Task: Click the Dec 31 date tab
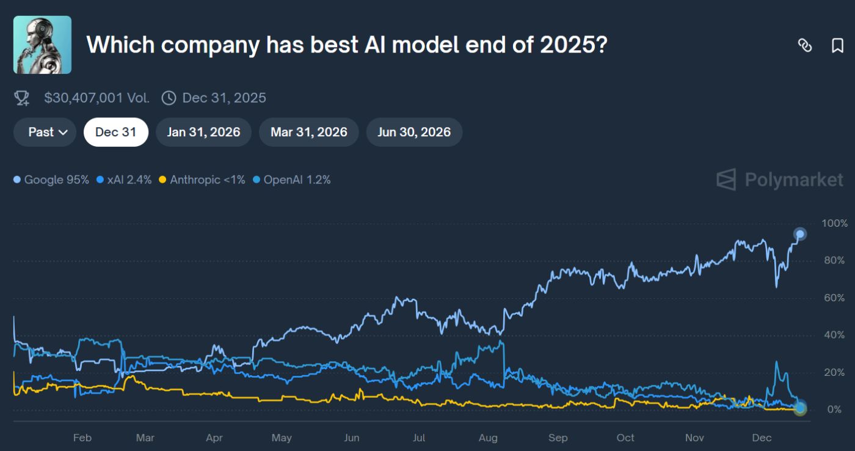(x=115, y=132)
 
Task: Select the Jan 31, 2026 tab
(x=203, y=132)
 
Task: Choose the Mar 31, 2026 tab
(x=308, y=132)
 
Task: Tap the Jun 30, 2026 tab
(x=414, y=132)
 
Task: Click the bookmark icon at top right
(x=837, y=45)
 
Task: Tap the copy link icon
(x=805, y=45)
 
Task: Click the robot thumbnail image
(x=42, y=45)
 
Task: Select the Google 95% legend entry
(x=51, y=180)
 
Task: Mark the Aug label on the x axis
(x=488, y=438)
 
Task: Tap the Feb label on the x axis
(x=82, y=438)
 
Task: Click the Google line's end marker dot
(x=799, y=233)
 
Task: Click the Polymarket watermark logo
(x=779, y=180)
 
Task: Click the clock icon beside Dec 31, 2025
(x=169, y=98)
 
